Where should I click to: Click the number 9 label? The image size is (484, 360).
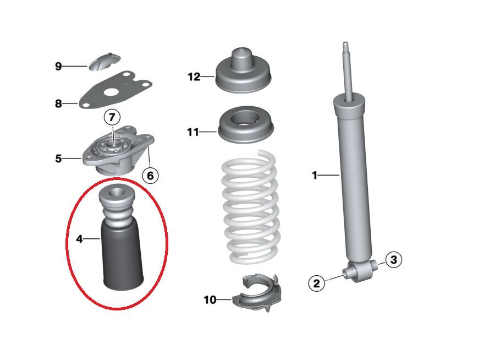click(x=58, y=67)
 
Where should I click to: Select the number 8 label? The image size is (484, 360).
click(x=58, y=103)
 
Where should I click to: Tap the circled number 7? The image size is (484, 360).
click(x=112, y=117)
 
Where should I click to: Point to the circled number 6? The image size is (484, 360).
click(x=150, y=176)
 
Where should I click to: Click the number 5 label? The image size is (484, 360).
click(x=58, y=159)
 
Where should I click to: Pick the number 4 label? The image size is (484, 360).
click(x=79, y=239)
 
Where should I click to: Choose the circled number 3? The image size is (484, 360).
click(x=393, y=259)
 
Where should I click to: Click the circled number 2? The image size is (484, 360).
click(x=316, y=283)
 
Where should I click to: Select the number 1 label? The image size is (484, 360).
click(x=315, y=176)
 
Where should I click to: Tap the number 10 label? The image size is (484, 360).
click(x=210, y=300)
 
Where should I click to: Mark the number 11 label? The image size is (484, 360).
click(x=193, y=132)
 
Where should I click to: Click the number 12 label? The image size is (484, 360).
click(x=194, y=77)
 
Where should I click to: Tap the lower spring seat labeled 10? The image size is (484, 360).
click(x=258, y=297)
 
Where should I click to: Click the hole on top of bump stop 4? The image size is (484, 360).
click(x=116, y=194)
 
